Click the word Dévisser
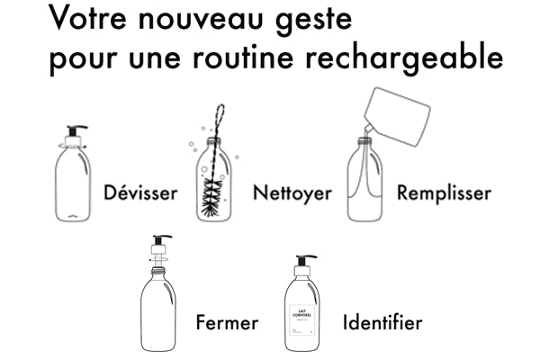140,193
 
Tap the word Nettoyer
292,193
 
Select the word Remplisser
444,193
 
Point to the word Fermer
227,322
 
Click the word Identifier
382,322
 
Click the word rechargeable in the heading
404,58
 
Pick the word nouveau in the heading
201,19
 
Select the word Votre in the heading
87,17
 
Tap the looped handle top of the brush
220,113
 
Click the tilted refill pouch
398,116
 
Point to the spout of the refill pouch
368,130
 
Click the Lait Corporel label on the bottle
302,320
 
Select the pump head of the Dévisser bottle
75,135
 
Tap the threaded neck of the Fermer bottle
158,271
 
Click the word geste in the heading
314,21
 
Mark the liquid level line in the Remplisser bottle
364,197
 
